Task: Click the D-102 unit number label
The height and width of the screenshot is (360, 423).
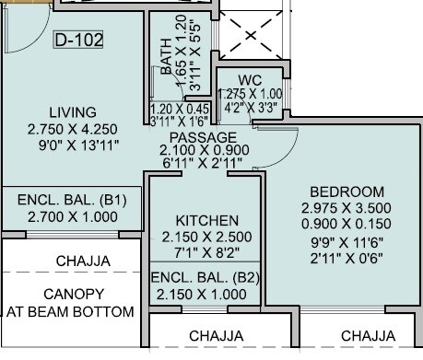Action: point(77,41)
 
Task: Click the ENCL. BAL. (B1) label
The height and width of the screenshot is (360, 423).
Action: point(72,200)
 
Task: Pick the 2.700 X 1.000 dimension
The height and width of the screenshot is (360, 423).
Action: point(72,216)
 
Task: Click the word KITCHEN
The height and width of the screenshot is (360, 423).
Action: point(207,221)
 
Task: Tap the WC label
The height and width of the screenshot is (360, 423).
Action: point(250,79)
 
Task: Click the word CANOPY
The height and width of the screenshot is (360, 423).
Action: point(72,294)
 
